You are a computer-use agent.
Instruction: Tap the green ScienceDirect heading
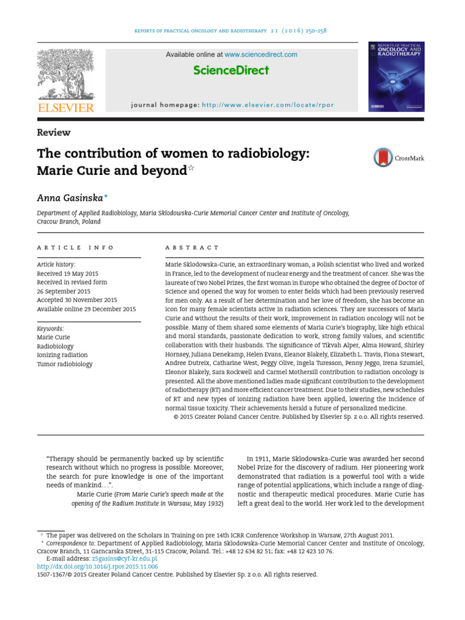tap(231, 71)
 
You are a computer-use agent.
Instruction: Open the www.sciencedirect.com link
tap(261, 54)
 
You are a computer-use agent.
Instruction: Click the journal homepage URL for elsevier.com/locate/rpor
tap(268, 105)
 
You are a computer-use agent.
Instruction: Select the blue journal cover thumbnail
tap(396, 76)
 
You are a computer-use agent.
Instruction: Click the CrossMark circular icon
tap(383, 158)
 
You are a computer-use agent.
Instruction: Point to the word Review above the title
tap(54, 133)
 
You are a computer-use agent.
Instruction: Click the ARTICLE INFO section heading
tap(75, 248)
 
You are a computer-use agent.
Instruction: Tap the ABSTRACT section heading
tap(192, 248)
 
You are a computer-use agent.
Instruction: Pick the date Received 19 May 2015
tap(67, 274)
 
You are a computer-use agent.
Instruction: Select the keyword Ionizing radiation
tap(62, 355)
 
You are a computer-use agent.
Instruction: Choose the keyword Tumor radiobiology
tap(65, 364)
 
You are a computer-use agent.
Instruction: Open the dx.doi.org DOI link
tap(97, 567)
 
